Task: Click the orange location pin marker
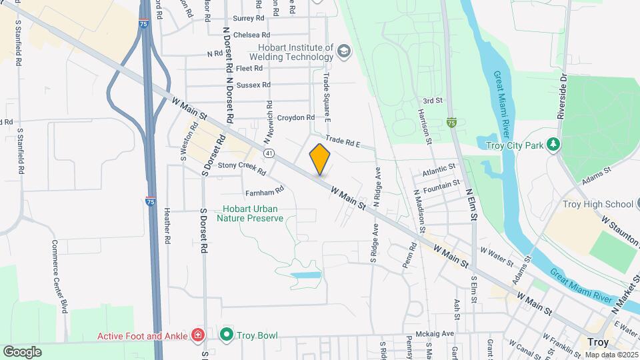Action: (x=320, y=159)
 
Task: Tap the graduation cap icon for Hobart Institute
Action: (x=344, y=51)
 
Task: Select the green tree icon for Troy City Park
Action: (x=552, y=145)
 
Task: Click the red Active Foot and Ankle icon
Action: (x=198, y=335)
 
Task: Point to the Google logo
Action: (x=23, y=351)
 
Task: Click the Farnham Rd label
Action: (x=265, y=191)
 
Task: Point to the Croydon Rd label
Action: (x=295, y=118)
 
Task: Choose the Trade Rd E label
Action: (x=343, y=143)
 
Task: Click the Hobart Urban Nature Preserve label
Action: (x=253, y=213)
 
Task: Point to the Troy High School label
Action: (x=597, y=204)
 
